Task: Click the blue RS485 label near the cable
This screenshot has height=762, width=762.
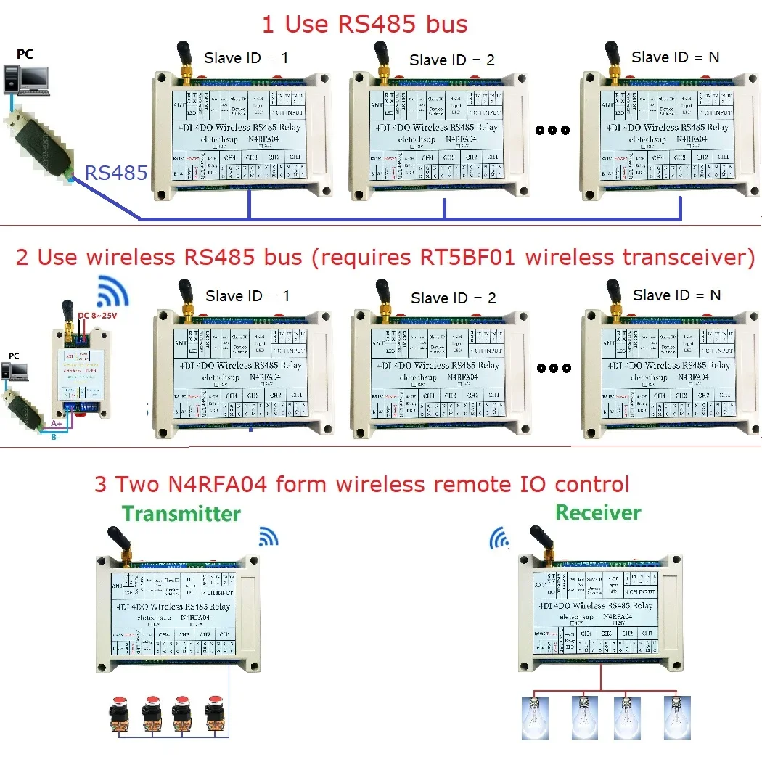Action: (116, 173)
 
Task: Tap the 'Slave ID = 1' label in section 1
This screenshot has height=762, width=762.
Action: (246, 57)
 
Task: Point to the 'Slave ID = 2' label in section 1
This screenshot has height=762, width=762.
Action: (451, 60)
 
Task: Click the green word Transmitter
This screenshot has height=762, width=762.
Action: (181, 514)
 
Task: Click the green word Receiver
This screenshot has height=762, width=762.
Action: (598, 512)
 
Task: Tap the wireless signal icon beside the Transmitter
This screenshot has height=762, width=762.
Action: (269, 537)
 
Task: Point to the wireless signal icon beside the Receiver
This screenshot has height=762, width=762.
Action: (499, 538)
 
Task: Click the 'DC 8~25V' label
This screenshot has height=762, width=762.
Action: (97, 315)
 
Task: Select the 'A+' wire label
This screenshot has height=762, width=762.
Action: (56, 423)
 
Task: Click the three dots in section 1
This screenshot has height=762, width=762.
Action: (552, 131)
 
